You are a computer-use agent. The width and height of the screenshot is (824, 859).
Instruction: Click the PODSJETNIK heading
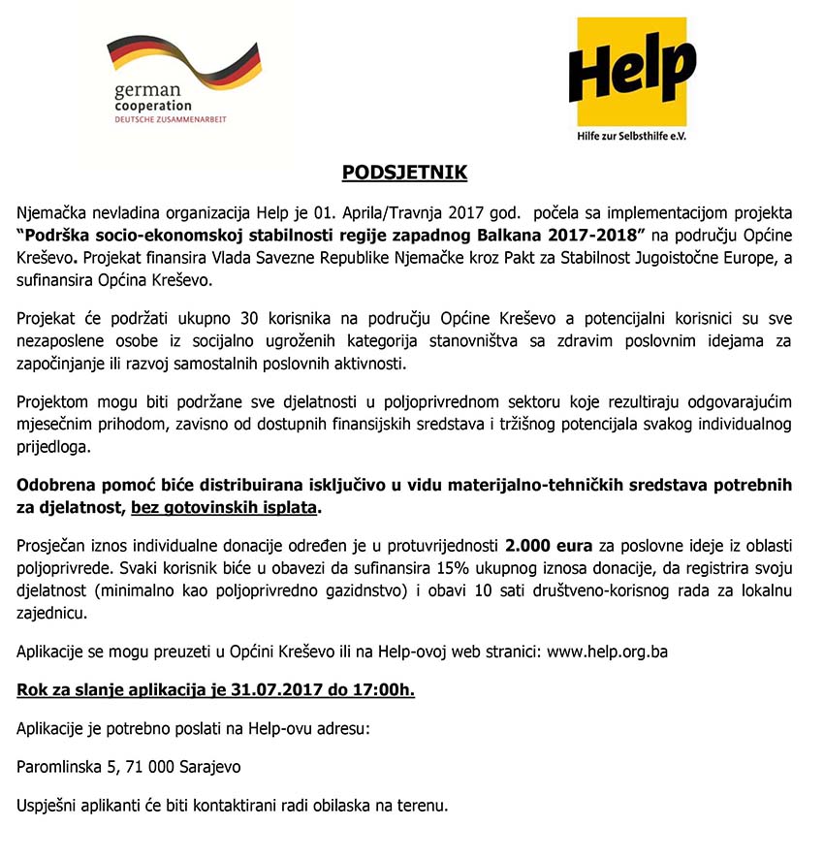404,174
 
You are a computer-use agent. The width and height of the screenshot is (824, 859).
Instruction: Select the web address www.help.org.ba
607,652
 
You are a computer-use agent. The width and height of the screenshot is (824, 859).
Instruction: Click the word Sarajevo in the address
209,767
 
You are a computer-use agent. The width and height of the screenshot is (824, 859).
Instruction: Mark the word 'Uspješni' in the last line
50,805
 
